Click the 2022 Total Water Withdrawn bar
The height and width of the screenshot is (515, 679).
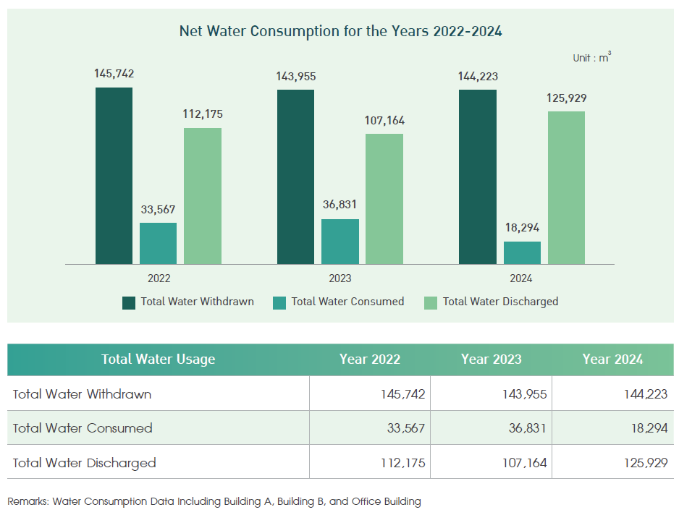[114, 176]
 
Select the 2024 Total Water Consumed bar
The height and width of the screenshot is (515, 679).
[522, 252]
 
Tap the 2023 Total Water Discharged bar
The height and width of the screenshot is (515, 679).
[384, 199]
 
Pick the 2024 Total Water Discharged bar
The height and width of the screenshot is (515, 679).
[566, 187]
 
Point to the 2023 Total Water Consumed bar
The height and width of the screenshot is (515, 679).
[339, 242]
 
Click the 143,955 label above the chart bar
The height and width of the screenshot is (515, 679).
[295, 76]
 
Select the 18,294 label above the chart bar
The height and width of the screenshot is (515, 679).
[522, 227]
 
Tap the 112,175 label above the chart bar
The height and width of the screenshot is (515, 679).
[202, 114]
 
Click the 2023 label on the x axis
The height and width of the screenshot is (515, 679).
[339, 278]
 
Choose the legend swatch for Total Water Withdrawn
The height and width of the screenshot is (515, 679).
[130, 302]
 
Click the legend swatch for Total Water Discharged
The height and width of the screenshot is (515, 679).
[430, 302]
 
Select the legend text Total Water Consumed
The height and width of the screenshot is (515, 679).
[347, 302]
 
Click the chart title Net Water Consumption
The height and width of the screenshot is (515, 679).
[340, 32]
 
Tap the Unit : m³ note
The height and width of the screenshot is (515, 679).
[591, 57]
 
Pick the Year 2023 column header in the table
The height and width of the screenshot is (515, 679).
[491, 359]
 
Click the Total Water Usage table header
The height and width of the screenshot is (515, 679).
[158, 359]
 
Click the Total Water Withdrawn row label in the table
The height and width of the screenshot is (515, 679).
[82, 394]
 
